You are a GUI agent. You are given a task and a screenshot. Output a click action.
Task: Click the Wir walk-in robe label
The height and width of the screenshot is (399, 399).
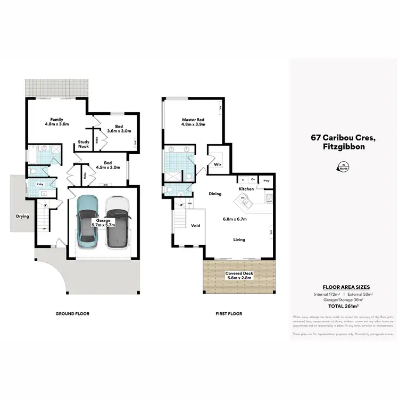pyautogui.click(x=217, y=165)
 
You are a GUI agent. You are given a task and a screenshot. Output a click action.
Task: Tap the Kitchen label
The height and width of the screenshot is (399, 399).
pyautogui.click(x=246, y=189)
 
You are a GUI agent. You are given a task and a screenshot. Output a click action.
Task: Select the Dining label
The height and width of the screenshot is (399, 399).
pyautogui.click(x=215, y=194)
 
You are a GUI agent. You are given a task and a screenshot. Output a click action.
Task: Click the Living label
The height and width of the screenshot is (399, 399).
pyautogui.click(x=239, y=239)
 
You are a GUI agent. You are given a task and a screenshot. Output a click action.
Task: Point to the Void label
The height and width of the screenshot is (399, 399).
pyautogui.click(x=196, y=226)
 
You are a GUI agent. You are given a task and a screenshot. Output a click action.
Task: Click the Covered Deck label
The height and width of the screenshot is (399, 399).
pyautogui.click(x=238, y=272)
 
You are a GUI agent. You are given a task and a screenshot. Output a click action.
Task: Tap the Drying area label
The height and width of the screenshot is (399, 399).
pyautogui.click(x=22, y=217)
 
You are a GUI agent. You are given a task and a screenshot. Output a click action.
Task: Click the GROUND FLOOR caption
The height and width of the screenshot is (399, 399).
pyautogui.click(x=72, y=314)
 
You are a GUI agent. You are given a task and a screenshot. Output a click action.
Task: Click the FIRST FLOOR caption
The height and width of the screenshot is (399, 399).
pyautogui.click(x=229, y=314)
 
